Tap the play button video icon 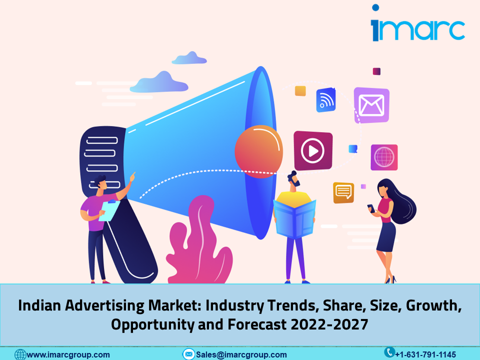tap(313, 150)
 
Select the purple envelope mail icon tap(371, 105)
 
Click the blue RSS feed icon tap(325, 100)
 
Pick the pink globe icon tap(384, 157)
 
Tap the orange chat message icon tap(343, 192)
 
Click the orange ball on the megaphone tap(258, 151)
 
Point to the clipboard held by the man tap(109, 210)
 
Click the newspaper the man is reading tap(294, 218)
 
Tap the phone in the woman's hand tap(371, 208)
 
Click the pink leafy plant tap(199, 241)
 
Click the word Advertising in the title tap(104, 305)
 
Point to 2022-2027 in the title tap(329, 324)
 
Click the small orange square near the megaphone tap(300, 91)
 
